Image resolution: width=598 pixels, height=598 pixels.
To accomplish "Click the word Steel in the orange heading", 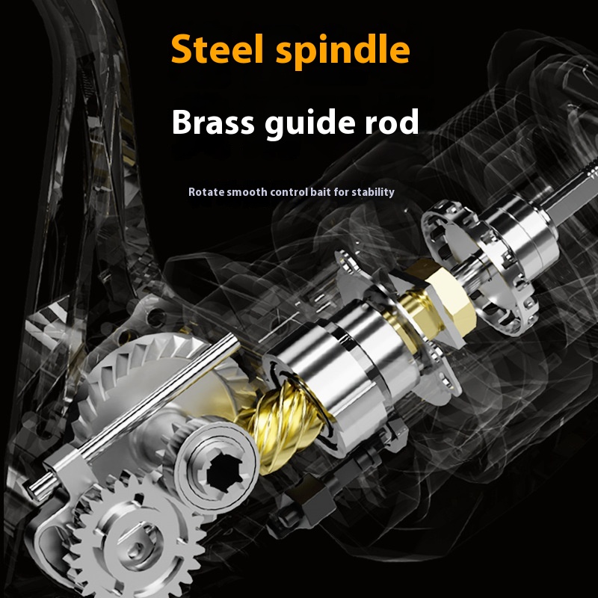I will (217, 49).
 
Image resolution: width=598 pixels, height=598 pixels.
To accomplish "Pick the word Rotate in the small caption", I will (204, 192).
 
